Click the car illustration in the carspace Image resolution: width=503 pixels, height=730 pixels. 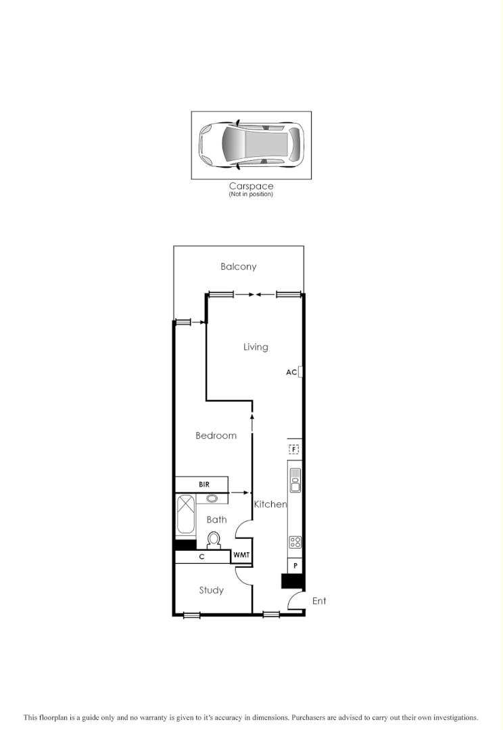251,145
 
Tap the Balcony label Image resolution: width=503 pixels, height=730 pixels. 239,267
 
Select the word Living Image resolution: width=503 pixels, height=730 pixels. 256,347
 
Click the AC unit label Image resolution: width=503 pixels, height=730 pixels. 291,372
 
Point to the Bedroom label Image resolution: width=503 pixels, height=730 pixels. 216,436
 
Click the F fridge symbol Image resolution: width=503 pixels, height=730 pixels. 294,449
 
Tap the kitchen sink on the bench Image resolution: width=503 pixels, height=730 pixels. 295,481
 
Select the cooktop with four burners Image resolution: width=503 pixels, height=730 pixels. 295,541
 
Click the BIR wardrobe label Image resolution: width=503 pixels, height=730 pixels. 203,485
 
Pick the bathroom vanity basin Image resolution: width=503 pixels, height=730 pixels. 213,499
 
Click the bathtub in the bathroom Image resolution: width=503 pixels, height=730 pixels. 185,516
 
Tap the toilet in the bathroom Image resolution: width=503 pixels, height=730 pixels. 214,540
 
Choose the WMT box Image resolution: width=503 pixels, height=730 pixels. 241,556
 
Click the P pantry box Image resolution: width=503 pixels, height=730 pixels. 295,566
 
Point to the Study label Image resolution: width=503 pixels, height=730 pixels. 211,590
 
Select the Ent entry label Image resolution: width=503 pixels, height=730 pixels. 318,601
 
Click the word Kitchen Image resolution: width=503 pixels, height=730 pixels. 270,504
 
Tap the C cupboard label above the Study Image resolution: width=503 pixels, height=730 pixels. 201,558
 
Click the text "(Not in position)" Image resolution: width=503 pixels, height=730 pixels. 251,195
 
